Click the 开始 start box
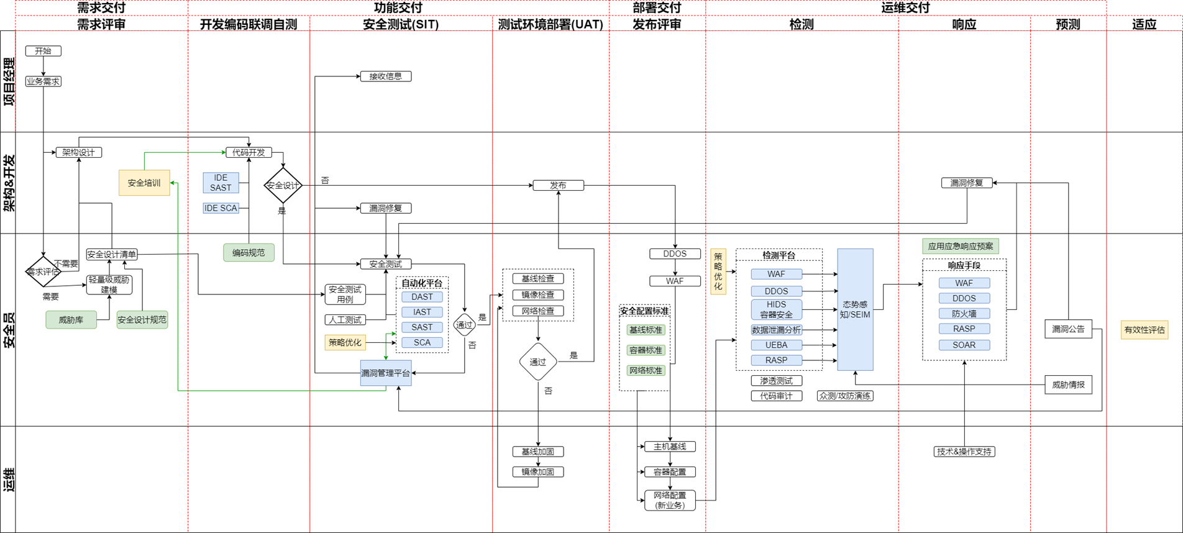point(43,51)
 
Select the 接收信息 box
point(385,76)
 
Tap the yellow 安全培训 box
point(144,183)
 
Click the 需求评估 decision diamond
point(43,271)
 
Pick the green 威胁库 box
point(71,320)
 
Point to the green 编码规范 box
point(249,253)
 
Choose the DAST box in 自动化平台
point(422,297)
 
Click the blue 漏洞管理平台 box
point(385,373)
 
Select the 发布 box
point(558,185)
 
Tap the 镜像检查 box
point(537,295)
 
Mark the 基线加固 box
point(537,452)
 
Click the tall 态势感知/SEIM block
point(855,309)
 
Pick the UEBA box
point(776,345)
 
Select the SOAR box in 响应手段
point(964,345)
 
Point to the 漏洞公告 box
point(1068,329)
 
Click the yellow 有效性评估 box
point(1144,330)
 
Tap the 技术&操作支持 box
point(964,452)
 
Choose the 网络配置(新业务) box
point(670,500)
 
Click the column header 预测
point(1067,24)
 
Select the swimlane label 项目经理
point(9,81)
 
